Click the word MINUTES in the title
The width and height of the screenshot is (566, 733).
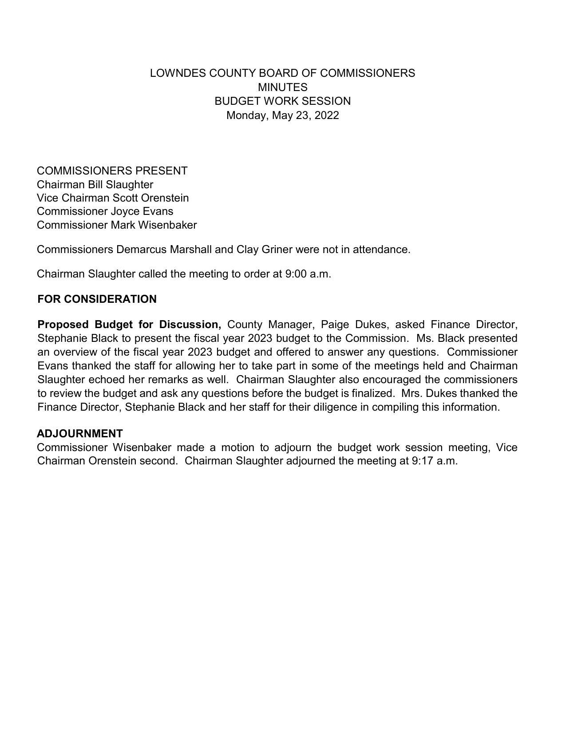point(282,87)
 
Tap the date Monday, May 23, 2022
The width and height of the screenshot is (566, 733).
point(282,115)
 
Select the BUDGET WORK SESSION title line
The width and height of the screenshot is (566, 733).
point(282,101)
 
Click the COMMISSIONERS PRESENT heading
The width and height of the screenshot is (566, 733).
point(112,171)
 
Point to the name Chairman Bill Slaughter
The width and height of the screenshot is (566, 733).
point(95,185)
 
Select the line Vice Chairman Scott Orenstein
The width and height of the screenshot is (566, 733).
point(113,198)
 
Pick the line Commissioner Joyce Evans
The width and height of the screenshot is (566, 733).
point(105,211)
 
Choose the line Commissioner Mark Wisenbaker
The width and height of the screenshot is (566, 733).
point(117,225)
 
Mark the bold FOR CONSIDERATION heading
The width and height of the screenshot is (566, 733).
point(97,299)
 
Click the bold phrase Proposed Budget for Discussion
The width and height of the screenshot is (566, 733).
point(129,325)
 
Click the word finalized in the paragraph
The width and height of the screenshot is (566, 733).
point(372,393)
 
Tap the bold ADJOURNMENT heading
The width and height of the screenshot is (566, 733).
point(80,434)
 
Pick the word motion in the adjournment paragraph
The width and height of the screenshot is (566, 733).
point(237,447)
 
